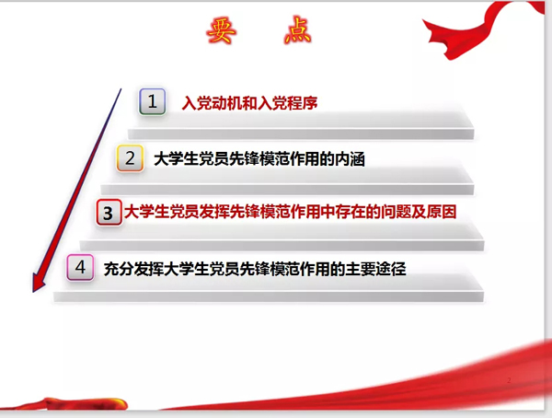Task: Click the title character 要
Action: click(221, 31)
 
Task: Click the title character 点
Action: click(298, 30)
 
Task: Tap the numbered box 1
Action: click(152, 101)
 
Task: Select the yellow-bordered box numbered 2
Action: click(130, 158)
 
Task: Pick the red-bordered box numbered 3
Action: click(109, 213)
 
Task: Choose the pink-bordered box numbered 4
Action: click(80, 268)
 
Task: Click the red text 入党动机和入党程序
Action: click(249, 103)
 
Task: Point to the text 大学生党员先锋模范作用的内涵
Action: click(259, 159)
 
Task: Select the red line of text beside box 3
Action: click(291, 212)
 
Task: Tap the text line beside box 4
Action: click(255, 269)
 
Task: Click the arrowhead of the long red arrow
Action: click(38, 283)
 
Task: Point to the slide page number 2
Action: click(509, 380)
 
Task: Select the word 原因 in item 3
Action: click(442, 212)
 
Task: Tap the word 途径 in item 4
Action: click(391, 269)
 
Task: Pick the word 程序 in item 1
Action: click(303, 103)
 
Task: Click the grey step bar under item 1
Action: click(301, 134)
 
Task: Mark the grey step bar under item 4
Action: click(269, 296)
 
